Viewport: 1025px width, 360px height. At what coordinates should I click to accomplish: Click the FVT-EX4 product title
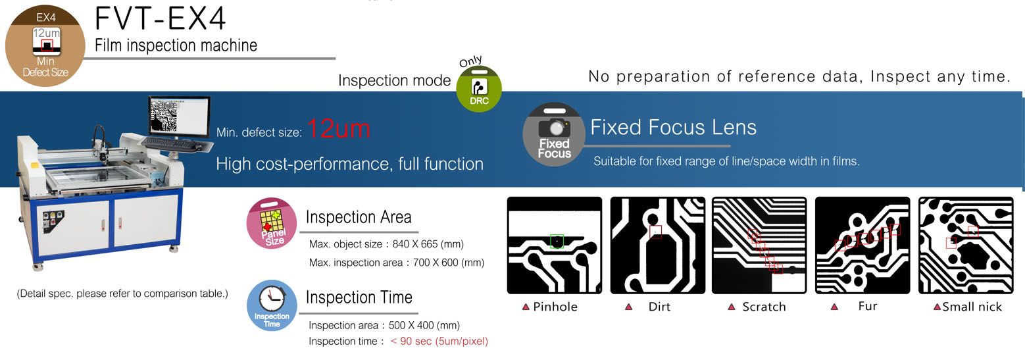(160, 18)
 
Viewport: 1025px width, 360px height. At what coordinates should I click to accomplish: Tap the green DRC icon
(479, 89)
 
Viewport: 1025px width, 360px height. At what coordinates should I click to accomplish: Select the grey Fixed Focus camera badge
(554, 134)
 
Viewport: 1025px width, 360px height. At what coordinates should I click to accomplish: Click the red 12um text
(338, 129)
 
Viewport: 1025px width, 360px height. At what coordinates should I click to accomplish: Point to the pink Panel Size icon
(272, 223)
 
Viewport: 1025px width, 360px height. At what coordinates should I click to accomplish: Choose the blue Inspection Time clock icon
(272, 305)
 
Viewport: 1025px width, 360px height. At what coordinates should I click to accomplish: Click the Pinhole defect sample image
(554, 245)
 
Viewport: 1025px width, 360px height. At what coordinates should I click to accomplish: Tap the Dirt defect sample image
(657, 245)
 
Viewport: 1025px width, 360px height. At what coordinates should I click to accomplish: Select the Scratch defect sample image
(759, 245)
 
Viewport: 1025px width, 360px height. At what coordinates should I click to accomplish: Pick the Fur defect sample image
(863, 245)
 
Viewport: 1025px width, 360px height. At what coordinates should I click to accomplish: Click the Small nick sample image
(966, 245)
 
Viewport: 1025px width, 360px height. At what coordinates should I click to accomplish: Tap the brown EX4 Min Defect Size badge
(45, 46)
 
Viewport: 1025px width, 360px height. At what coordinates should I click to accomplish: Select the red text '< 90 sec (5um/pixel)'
(439, 341)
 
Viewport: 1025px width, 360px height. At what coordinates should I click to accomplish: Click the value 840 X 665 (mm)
(428, 244)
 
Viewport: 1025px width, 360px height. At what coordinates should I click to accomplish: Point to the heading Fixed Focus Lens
(673, 127)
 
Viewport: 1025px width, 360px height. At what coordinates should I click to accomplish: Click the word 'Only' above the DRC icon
(470, 61)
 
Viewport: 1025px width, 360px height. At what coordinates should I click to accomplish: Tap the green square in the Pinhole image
(557, 242)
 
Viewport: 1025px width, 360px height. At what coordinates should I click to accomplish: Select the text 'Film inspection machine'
(176, 45)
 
